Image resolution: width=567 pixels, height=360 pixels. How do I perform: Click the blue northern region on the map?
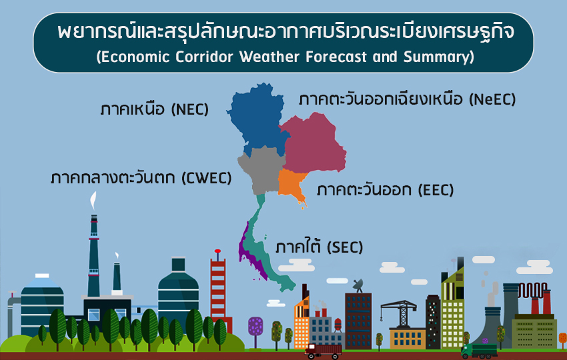pos(257,115)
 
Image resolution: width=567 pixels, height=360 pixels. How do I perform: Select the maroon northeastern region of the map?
pos(313,144)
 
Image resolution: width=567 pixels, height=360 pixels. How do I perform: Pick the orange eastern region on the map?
pos(292,185)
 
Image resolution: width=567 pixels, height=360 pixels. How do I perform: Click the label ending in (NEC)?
pos(154,109)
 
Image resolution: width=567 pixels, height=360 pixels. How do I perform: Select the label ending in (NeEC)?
pos(407,99)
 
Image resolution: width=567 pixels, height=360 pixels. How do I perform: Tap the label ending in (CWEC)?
pos(141,178)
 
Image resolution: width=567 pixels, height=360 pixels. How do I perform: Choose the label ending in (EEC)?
pos(385,190)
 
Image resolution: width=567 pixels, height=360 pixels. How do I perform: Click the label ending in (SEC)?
pos(319,247)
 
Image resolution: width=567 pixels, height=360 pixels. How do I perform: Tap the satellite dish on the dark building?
pos(358,285)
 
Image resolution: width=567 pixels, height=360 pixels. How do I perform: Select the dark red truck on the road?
pos(323,351)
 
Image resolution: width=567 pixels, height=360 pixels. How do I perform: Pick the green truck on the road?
pos(479,351)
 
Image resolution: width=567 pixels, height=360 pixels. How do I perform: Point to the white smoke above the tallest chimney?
pos(93,201)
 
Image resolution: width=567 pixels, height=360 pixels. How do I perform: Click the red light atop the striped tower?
pos(217,251)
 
